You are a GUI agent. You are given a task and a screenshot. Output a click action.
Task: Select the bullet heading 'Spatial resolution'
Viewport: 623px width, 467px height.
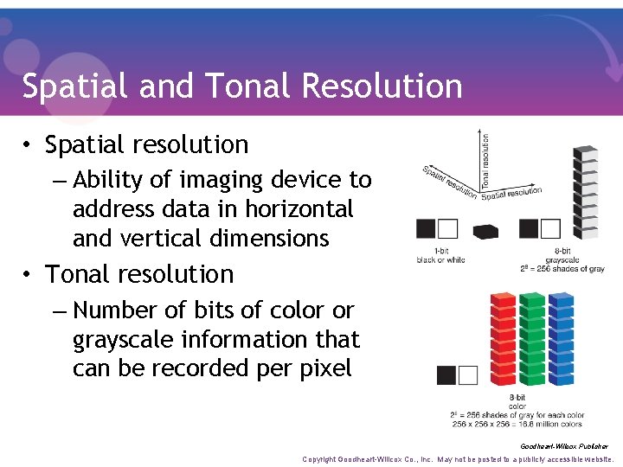point(146,144)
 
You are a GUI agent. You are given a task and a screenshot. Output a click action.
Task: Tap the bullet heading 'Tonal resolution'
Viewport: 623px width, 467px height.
point(139,274)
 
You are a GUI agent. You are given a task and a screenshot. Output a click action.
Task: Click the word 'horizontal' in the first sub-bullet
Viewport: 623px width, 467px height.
point(299,209)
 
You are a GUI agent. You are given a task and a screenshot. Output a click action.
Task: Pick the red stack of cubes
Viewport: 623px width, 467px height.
point(503,340)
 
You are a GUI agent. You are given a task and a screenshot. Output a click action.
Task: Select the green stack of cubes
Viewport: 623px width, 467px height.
point(531,340)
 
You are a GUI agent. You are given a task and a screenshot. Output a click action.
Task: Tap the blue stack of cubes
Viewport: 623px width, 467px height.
point(561,340)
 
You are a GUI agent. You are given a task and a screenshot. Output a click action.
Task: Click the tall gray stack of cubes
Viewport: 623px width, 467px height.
point(586,192)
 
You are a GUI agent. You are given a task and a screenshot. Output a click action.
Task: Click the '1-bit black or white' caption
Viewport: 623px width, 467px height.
point(440,255)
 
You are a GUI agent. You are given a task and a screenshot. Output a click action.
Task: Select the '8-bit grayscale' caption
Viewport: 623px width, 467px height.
point(562,255)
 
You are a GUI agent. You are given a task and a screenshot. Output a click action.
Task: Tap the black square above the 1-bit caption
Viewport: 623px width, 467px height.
point(426,228)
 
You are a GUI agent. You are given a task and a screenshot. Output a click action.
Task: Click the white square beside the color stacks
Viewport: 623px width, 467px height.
point(468,375)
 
